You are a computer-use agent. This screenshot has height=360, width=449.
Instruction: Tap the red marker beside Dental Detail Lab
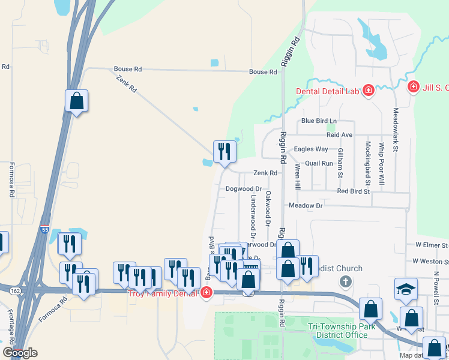coord(368,91)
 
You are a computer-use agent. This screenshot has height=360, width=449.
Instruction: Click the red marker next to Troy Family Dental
coord(206,293)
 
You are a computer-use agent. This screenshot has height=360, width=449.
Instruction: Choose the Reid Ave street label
coord(339,136)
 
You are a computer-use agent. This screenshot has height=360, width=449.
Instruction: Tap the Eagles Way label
coord(310,149)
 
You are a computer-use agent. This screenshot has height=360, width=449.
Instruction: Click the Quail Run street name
coord(319,163)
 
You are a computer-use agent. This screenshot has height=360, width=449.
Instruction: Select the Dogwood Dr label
coord(240,188)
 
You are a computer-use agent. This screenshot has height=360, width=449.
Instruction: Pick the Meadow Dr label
coord(306,205)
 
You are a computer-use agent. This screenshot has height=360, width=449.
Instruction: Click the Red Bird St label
coord(353,191)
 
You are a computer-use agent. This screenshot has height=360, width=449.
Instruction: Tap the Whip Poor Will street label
coord(381,163)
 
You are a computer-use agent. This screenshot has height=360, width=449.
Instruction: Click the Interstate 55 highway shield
coord(44,230)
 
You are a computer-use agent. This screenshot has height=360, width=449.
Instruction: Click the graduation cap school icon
coord(406,290)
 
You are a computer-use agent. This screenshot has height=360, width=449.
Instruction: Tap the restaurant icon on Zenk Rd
coord(224,151)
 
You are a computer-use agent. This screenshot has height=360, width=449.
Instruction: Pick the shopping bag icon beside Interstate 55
coord(77,100)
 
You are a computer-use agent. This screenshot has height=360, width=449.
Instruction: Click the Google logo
coord(20,353)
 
